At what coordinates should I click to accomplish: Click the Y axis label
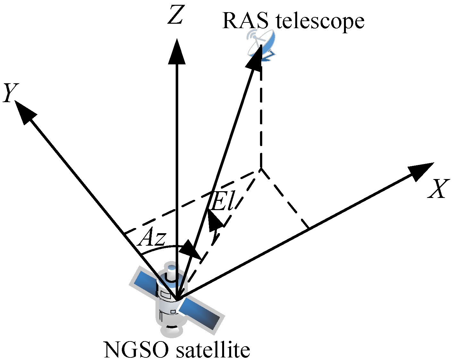click(x=10, y=93)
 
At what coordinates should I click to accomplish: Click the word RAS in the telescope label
click(x=245, y=21)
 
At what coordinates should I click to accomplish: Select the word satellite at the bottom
click(x=213, y=350)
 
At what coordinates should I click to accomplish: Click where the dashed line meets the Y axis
click(x=125, y=233)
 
